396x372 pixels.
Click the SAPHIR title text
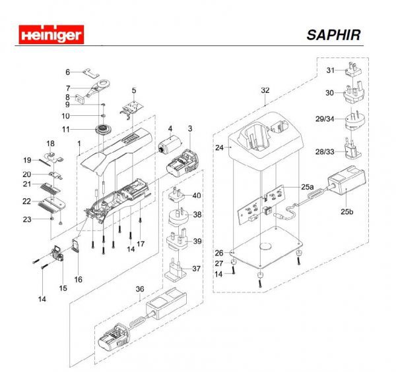point(333,35)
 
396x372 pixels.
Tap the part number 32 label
point(265,90)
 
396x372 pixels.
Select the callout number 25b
point(346,211)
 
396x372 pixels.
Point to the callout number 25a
point(307,188)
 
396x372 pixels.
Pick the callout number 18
point(50,144)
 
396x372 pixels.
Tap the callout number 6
point(67,72)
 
